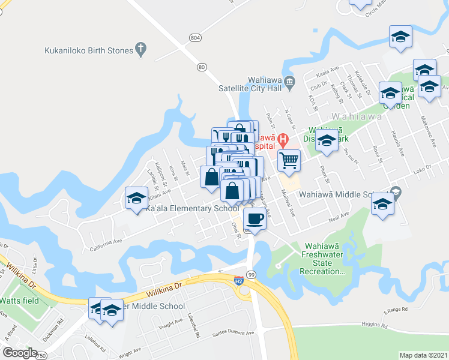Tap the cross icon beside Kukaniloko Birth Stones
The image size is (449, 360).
point(141,49)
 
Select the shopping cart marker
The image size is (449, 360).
point(289,161)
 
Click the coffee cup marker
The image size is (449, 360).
point(255,220)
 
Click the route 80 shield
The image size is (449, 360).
point(201,67)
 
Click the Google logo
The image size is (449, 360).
point(20,353)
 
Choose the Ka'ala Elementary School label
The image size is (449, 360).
point(192,208)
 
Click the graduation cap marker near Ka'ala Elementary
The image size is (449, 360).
point(136,199)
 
